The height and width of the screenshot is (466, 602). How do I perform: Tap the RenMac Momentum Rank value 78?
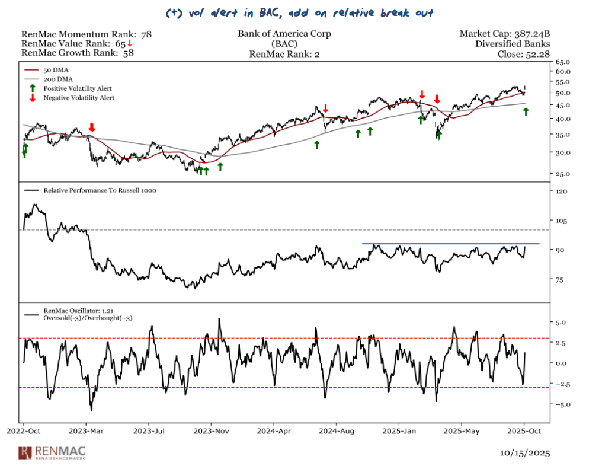(x=146, y=34)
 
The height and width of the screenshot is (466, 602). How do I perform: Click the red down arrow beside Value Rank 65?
(x=130, y=44)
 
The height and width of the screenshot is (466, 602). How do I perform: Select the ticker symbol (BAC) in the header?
(x=284, y=44)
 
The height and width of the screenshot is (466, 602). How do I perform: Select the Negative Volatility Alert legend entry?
(x=79, y=98)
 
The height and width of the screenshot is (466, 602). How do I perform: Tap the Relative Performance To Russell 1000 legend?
(x=100, y=191)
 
